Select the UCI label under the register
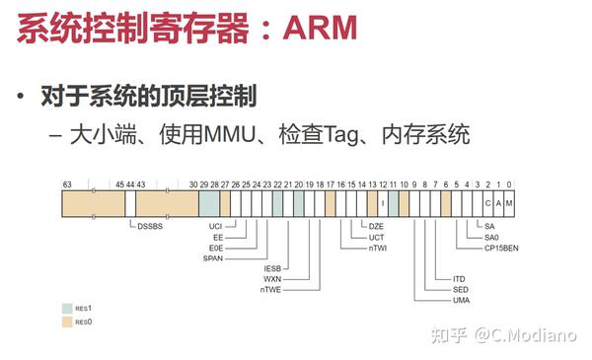pyautogui.click(x=216, y=227)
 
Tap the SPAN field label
pyautogui.click(x=213, y=258)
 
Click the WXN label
pyautogui.click(x=272, y=279)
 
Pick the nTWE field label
pyautogui.click(x=270, y=290)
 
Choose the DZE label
pyautogui.click(x=377, y=227)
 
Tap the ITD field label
pyautogui.click(x=460, y=279)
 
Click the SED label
pyautogui.click(x=460, y=290)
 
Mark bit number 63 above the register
pyautogui.click(x=67, y=183)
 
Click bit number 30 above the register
pyautogui.click(x=193, y=183)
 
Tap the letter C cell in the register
pyautogui.click(x=488, y=203)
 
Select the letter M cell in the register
pyautogui.click(x=509, y=203)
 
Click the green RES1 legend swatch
pyautogui.click(x=67, y=308)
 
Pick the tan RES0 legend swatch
pyautogui.click(x=67, y=322)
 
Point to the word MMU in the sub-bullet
pyautogui.click(x=228, y=134)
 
